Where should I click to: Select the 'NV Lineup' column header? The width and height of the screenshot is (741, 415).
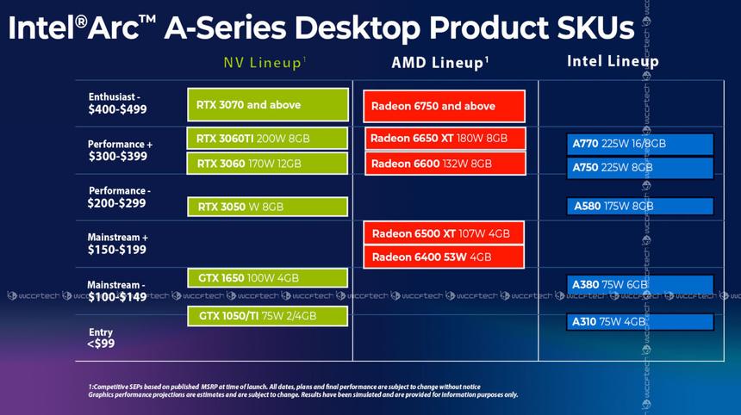[x=265, y=63]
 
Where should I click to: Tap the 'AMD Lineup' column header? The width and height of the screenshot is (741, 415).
[x=440, y=63]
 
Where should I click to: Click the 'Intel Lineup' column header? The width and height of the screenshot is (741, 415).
[x=612, y=61]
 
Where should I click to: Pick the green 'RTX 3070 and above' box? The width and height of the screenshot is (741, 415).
[x=267, y=105]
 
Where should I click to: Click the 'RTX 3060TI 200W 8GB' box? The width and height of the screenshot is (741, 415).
[x=267, y=138]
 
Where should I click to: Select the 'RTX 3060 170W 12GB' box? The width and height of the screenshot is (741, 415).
[x=267, y=164]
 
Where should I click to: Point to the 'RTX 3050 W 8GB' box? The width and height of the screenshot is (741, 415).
[x=267, y=207]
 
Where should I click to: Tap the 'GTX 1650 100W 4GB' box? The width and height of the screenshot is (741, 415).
[x=267, y=277]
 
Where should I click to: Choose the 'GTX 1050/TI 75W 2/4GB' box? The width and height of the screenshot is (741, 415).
[x=267, y=316]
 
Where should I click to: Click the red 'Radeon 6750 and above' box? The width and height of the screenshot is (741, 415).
[x=444, y=106]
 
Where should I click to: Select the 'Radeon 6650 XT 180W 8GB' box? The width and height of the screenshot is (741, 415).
[x=444, y=139]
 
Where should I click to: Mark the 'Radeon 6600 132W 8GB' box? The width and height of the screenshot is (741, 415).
[x=444, y=164]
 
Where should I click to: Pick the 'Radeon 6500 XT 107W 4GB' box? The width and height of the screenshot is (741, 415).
[x=444, y=233]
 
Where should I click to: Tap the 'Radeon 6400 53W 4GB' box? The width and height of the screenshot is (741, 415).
[x=444, y=257]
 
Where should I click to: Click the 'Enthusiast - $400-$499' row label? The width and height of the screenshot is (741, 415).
[x=117, y=104]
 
